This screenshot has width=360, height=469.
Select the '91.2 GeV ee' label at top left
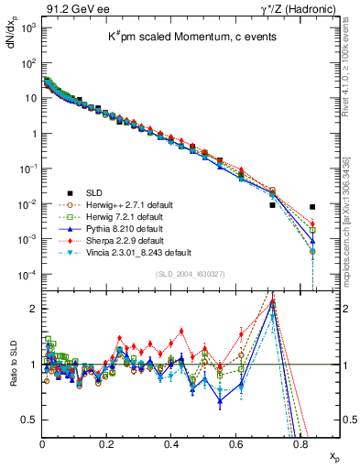pos(71,9)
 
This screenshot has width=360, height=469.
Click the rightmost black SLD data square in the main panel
pos(312,207)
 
